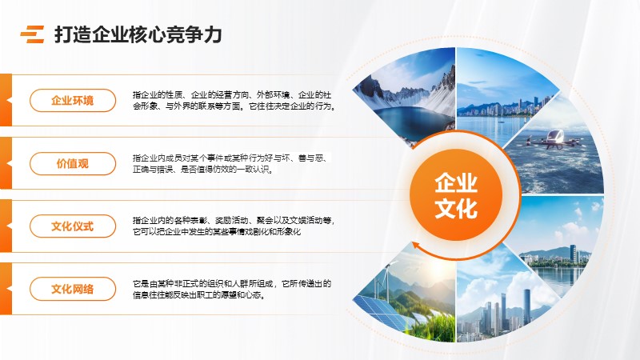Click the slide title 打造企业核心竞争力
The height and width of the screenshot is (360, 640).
click(x=138, y=34)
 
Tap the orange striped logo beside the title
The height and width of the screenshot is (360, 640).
click(x=32, y=34)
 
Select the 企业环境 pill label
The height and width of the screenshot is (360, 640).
click(x=73, y=101)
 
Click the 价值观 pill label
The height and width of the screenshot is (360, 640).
click(x=73, y=164)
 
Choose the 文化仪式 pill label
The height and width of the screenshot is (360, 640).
click(x=73, y=226)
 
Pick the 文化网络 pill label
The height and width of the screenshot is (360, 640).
click(x=73, y=289)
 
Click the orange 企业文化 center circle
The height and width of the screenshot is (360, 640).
click(x=456, y=195)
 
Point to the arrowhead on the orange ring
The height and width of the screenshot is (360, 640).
click(x=416, y=245)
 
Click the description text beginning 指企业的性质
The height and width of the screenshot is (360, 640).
click(x=234, y=101)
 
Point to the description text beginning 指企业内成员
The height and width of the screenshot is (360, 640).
click(x=231, y=163)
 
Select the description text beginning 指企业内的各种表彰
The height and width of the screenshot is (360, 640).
click(x=234, y=226)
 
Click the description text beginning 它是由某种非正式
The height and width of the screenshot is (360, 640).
click(x=232, y=289)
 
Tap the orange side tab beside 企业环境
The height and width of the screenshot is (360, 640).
click(x=6, y=100)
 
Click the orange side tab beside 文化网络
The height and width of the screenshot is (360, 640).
click(x=6, y=289)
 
